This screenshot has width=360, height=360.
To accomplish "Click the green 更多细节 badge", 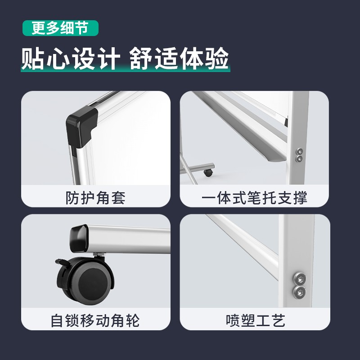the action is [60, 28].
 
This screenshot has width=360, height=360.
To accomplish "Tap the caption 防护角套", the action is [95, 198].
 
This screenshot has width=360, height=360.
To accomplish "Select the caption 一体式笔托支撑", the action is [254, 198].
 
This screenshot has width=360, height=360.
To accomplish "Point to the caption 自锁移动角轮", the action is [95, 320].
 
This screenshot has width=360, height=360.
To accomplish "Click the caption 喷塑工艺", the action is [256, 320].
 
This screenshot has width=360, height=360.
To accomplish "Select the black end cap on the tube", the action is [79, 238].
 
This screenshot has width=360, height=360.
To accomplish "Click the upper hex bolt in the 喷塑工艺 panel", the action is [300, 279].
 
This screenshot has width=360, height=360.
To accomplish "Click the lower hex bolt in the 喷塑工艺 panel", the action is [300, 292].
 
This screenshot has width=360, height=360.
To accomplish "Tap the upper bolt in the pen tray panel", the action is [299, 152].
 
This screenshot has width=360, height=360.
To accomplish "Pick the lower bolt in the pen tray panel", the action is [299, 158].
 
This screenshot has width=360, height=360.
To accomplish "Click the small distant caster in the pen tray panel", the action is [208, 173].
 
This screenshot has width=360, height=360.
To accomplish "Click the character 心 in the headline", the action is [58, 58].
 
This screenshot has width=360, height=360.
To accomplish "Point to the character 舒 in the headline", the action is [140, 58].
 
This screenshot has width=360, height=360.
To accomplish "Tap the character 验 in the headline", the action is [217, 58].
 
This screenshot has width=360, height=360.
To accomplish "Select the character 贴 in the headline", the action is [32, 58].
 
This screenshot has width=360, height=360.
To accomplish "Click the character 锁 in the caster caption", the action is [73, 320].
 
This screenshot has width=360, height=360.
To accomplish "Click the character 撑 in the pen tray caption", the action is [300, 198].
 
